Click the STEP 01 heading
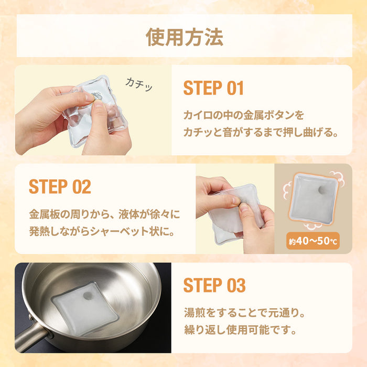click(213, 88)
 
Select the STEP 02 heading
click(60, 187)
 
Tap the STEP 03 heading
click(214, 286)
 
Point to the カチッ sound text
click(139, 84)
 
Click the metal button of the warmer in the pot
click(88, 297)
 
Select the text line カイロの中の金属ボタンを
click(243, 114)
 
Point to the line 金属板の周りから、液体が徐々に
click(104, 214)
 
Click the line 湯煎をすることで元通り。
click(244, 313)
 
